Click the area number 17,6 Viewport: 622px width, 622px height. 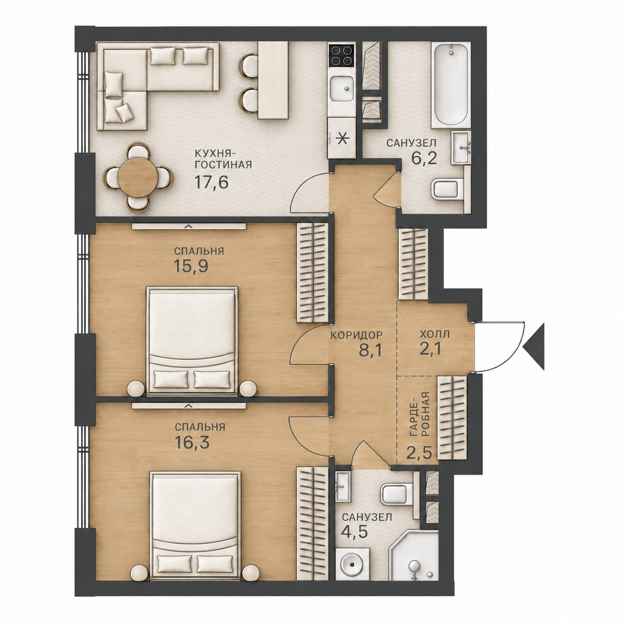coord(211,182)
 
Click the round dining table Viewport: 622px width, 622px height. coord(138,177)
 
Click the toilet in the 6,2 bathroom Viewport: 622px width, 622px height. coord(449,190)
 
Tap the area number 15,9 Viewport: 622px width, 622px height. coord(190,266)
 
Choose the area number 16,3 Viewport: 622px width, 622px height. coord(192,442)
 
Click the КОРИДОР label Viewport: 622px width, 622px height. coord(356,335)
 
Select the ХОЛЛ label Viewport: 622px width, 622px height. coord(435,334)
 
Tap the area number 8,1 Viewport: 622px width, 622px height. coord(370,350)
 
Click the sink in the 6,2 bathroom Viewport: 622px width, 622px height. coord(461,147)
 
